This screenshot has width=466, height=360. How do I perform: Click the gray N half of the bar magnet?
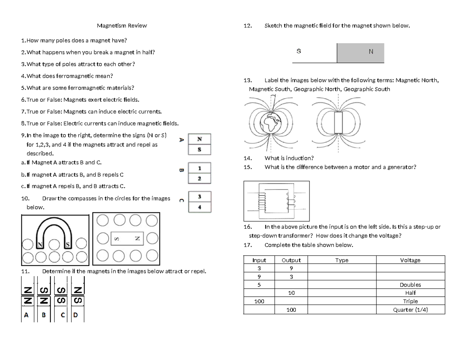pyautogui.click(x=360, y=53)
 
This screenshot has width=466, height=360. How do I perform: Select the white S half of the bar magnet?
pyautogui.click(x=315, y=53)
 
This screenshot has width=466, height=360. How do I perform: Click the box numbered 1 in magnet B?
pyautogui.click(x=199, y=168)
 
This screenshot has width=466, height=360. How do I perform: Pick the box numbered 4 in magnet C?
pyautogui.click(x=200, y=207)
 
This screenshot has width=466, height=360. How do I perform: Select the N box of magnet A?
pyautogui.click(x=199, y=139)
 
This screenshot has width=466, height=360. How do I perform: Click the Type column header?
pyautogui.click(x=342, y=260)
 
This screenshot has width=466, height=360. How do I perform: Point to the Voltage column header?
pyautogui.click(x=410, y=260)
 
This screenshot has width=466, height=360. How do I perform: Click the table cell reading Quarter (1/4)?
pyautogui.click(x=410, y=310)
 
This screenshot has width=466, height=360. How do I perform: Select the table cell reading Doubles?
pyautogui.click(x=410, y=285)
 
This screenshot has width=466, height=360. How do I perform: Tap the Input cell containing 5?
pyautogui.click(x=259, y=285)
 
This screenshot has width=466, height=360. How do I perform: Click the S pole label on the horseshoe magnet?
pyautogui.click(x=68, y=245)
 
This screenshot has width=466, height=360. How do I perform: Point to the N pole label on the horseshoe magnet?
pyautogui.click(x=40, y=245)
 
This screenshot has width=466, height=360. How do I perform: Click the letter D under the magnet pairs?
pyautogui.click(x=75, y=315)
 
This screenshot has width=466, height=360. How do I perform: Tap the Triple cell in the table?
pyautogui.click(x=410, y=301)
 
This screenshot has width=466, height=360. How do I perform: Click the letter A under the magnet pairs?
pyautogui.click(x=26, y=315)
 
